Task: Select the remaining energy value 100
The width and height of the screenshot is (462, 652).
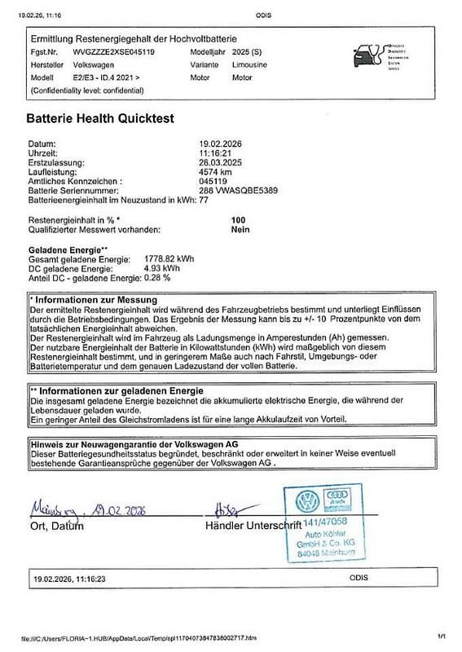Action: click(239, 221)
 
